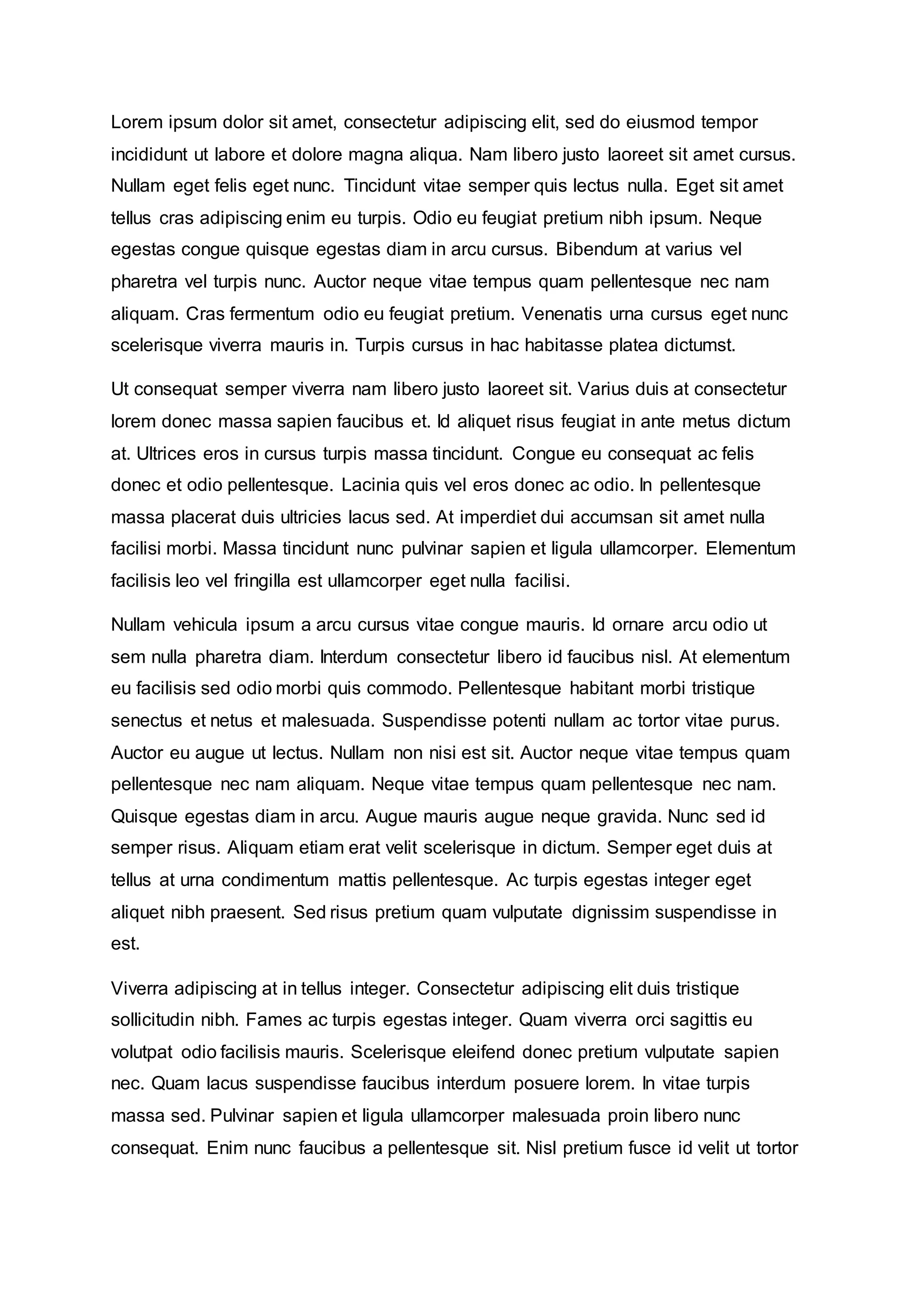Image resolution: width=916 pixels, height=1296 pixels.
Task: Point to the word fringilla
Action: [x=262, y=581]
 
